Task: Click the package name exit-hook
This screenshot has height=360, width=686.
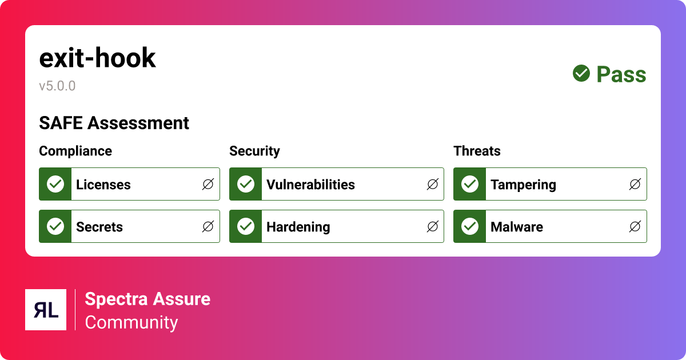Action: point(97,58)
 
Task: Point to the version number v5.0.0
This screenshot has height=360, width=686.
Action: point(57,86)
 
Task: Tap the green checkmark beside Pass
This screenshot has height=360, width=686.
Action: point(581,74)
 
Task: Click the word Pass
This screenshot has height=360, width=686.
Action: point(621,75)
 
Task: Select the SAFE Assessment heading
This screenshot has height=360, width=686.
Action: point(114,123)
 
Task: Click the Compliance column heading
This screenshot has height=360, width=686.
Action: point(75,151)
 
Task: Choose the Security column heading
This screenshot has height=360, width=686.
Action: point(254,151)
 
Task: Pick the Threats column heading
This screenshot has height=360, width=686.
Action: point(477,151)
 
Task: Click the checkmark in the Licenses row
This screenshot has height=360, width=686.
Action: point(55,184)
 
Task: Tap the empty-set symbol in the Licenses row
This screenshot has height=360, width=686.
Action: point(208,184)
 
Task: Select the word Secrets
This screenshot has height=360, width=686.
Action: point(99,227)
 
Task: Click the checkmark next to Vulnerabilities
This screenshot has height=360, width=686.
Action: point(246,184)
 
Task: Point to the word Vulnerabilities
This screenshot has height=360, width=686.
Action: point(310,185)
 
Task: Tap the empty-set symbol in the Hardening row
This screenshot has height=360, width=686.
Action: point(432,227)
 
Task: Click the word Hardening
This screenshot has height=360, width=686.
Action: point(298,227)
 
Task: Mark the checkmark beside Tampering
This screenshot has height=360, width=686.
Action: point(470,184)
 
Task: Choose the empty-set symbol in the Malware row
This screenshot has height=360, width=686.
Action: point(635,227)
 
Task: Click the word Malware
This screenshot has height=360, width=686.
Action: point(517,227)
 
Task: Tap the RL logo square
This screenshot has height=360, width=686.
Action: point(46,310)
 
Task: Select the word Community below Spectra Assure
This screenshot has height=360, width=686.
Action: point(131,322)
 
